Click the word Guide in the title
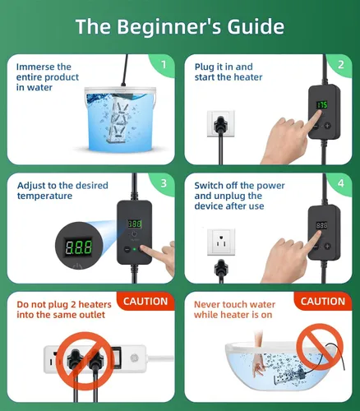tap(256, 26)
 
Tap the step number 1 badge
tap(164, 65)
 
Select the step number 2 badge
tap(341, 65)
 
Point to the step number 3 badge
tap(164, 183)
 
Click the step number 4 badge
tap(341, 183)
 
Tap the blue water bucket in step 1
tap(121, 119)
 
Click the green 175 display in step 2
tap(322, 104)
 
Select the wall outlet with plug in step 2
tap(221, 123)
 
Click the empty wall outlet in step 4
tap(221, 242)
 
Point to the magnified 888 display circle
tap(79, 246)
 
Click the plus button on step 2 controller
tap(328, 126)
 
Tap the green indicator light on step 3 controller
tap(134, 249)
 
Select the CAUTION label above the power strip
tap(145, 302)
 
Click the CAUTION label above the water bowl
tap(323, 302)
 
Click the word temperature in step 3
tap(44, 196)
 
